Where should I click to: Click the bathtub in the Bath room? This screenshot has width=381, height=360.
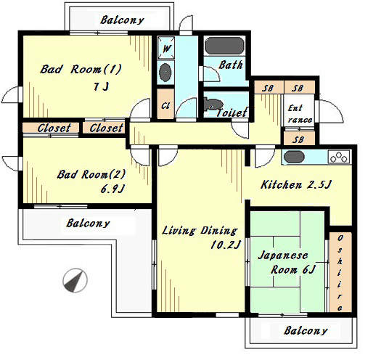[x=224, y=46]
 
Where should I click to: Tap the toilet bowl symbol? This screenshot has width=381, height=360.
[x=211, y=104]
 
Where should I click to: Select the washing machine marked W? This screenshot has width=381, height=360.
[x=165, y=48]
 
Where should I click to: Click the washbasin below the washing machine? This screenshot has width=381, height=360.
[x=165, y=72]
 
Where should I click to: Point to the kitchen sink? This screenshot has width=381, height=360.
[x=294, y=157]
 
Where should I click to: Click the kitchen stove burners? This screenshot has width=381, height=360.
[x=339, y=157]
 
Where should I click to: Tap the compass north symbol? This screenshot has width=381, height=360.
[x=75, y=280]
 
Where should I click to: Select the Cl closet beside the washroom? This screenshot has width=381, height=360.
[x=165, y=104]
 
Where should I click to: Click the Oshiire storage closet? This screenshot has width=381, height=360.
[x=340, y=272]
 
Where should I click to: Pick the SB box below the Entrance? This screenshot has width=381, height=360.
[x=299, y=139]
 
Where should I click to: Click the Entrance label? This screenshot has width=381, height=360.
[x=299, y=113]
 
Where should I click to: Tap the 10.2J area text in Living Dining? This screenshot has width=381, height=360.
[x=226, y=245]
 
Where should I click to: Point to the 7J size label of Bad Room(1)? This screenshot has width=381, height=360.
[x=101, y=86]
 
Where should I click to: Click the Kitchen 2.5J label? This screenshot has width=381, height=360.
[x=295, y=184]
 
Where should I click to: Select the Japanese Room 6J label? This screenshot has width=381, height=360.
[x=287, y=263]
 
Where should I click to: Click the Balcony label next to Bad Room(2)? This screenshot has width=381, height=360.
[x=88, y=223]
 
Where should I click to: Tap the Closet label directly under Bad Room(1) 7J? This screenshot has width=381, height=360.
[x=106, y=128]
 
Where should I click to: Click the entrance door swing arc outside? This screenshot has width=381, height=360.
[x=331, y=111]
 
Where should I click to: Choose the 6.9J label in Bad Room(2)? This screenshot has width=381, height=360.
[x=112, y=189]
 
